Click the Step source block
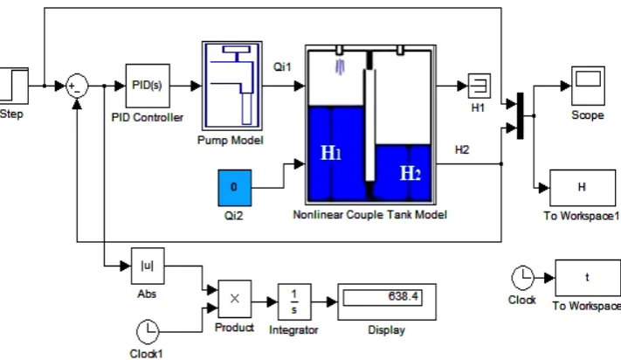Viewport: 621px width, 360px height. pyautogui.click(x=14, y=86)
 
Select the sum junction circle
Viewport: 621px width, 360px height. pyautogui.click(x=77, y=86)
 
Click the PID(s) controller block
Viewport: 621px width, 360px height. pyautogui.click(x=148, y=86)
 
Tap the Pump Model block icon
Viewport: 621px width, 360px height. pyautogui.click(x=232, y=86)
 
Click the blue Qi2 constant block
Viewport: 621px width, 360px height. pyautogui.click(x=234, y=188)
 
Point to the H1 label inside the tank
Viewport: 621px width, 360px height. pyautogui.click(x=331, y=153)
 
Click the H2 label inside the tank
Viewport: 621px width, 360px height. pyautogui.click(x=411, y=173)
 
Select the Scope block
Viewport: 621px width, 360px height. pyautogui.click(x=588, y=86)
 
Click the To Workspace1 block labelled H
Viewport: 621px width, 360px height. pyautogui.click(x=583, y=188)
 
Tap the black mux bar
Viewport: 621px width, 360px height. pyautogui.click(x=521, y=116)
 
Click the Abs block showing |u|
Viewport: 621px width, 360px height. pyautogui.click(x=148, y=266)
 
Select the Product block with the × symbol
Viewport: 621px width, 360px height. pyautogui.click(x=235, y=299)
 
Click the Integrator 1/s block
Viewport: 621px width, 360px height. pyautogui.click(x=294, y=301)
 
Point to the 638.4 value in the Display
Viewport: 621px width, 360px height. pyautogui.click(x=403, y=296)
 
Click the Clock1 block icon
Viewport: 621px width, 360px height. pyautogui.click(x=148, y=331)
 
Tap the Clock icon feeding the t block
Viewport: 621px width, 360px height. pyautogui.click(x=523, y=278)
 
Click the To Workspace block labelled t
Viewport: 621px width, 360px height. pyautogui.click(x=588, y=278)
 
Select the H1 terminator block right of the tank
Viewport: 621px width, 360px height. pyautogui.click(x=480, y=86)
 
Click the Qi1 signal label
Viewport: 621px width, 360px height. pyautogui.click(x=282, y=67)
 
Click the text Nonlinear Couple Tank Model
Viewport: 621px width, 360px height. pyautogui.click(x=370, y=215)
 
